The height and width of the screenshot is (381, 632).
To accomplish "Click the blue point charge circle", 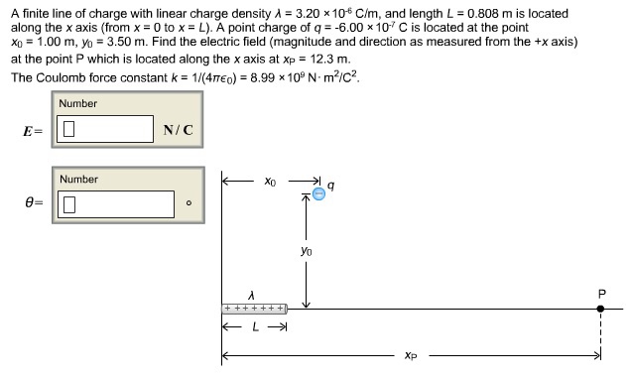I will click(x=319, y=193).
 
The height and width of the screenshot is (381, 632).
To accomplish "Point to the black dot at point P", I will click(x=600, y=310).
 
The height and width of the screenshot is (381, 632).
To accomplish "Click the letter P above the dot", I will click(x=600, y=293).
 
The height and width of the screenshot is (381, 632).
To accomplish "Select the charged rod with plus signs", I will click(x=254, y=310).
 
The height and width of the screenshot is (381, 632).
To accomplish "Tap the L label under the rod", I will click(x=254, y=327).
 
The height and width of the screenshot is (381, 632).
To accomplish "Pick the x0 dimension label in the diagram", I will click(x=271, y=183).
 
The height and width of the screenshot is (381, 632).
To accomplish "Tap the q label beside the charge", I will click(x=331, y=185).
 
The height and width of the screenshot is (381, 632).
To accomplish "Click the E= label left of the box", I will click(x=34, y=130).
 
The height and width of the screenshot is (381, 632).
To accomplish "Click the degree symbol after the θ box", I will click(x=188, y=205).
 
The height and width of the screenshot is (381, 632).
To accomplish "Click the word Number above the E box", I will click(x=78, y=103).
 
